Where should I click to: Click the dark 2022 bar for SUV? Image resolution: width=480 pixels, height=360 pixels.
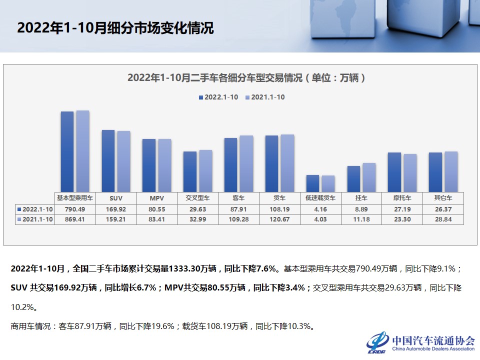108,160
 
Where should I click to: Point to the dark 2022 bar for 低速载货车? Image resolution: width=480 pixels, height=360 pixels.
312,183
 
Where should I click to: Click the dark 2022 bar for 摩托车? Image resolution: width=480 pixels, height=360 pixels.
394,172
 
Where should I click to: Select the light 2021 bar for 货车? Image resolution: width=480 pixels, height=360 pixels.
287,163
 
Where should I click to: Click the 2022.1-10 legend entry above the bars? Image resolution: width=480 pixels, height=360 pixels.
218,97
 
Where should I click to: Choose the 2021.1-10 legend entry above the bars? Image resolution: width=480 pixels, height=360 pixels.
265,97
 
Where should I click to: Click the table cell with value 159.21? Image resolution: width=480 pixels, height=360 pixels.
115,219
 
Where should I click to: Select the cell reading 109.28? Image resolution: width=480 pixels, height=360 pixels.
238,219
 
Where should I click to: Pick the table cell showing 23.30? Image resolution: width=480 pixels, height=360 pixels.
402,219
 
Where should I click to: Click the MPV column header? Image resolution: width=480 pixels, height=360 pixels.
156,198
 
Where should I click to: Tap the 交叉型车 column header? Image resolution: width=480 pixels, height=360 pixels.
197,198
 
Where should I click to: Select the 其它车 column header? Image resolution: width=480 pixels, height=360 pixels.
443,198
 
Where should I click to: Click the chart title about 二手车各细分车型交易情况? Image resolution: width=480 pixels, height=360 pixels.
246,78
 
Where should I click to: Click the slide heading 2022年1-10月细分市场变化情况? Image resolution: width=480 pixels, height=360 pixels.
115,28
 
